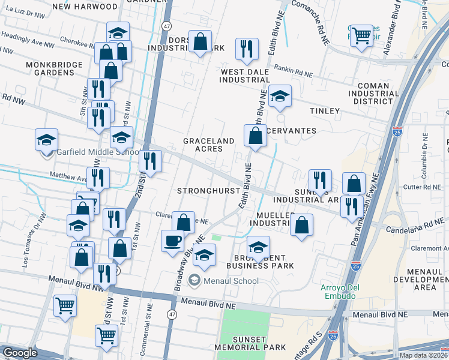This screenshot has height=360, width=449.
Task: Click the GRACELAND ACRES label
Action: point(208,145)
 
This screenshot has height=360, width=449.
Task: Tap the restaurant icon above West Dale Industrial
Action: point(247,49)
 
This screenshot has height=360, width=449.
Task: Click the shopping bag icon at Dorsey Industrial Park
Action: point(200,41)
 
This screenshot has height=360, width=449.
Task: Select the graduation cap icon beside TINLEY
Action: point(280,96)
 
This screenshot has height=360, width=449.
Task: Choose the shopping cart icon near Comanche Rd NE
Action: point(361,35)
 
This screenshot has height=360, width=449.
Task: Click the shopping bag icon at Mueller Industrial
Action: point(302,225)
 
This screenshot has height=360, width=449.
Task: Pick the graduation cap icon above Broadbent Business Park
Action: point(258,247)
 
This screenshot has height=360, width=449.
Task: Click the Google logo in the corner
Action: point(20,353)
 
